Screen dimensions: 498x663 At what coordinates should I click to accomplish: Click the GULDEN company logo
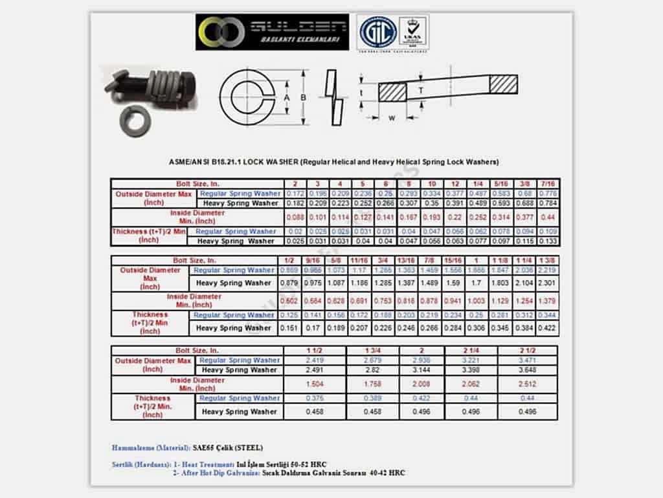point(272,32)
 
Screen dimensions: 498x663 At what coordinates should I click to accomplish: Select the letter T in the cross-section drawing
point(421,91)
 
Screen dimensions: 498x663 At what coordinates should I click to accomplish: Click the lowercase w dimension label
point(391,118)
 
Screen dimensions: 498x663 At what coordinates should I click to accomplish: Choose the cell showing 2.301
point(546,283)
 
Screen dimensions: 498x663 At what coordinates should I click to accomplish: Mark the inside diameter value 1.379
point(546,301)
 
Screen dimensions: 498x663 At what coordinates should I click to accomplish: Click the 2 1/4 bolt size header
point(473,351)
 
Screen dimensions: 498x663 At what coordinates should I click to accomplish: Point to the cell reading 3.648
point(528,370)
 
